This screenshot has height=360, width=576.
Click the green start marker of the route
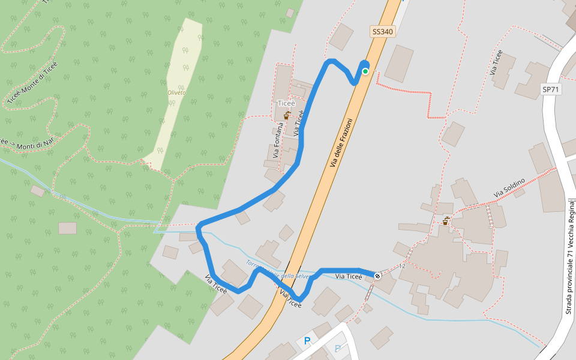pos(365,71)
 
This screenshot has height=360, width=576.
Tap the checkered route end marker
pos(377,276)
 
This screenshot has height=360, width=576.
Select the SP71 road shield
pos(550,89)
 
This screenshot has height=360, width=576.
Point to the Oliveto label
pos(176,92)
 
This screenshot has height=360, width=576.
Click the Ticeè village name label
pos(286,103)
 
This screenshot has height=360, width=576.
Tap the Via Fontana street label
pos(277,140)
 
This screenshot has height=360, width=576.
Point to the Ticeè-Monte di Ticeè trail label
pos(32,82)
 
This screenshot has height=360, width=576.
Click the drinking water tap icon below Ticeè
pos(287,115)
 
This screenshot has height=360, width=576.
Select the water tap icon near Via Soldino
pos(446,221)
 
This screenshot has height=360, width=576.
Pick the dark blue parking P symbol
pos(307,341)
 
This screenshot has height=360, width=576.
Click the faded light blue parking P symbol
pos(337,348)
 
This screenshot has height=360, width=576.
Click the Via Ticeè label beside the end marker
pos(349,277)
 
